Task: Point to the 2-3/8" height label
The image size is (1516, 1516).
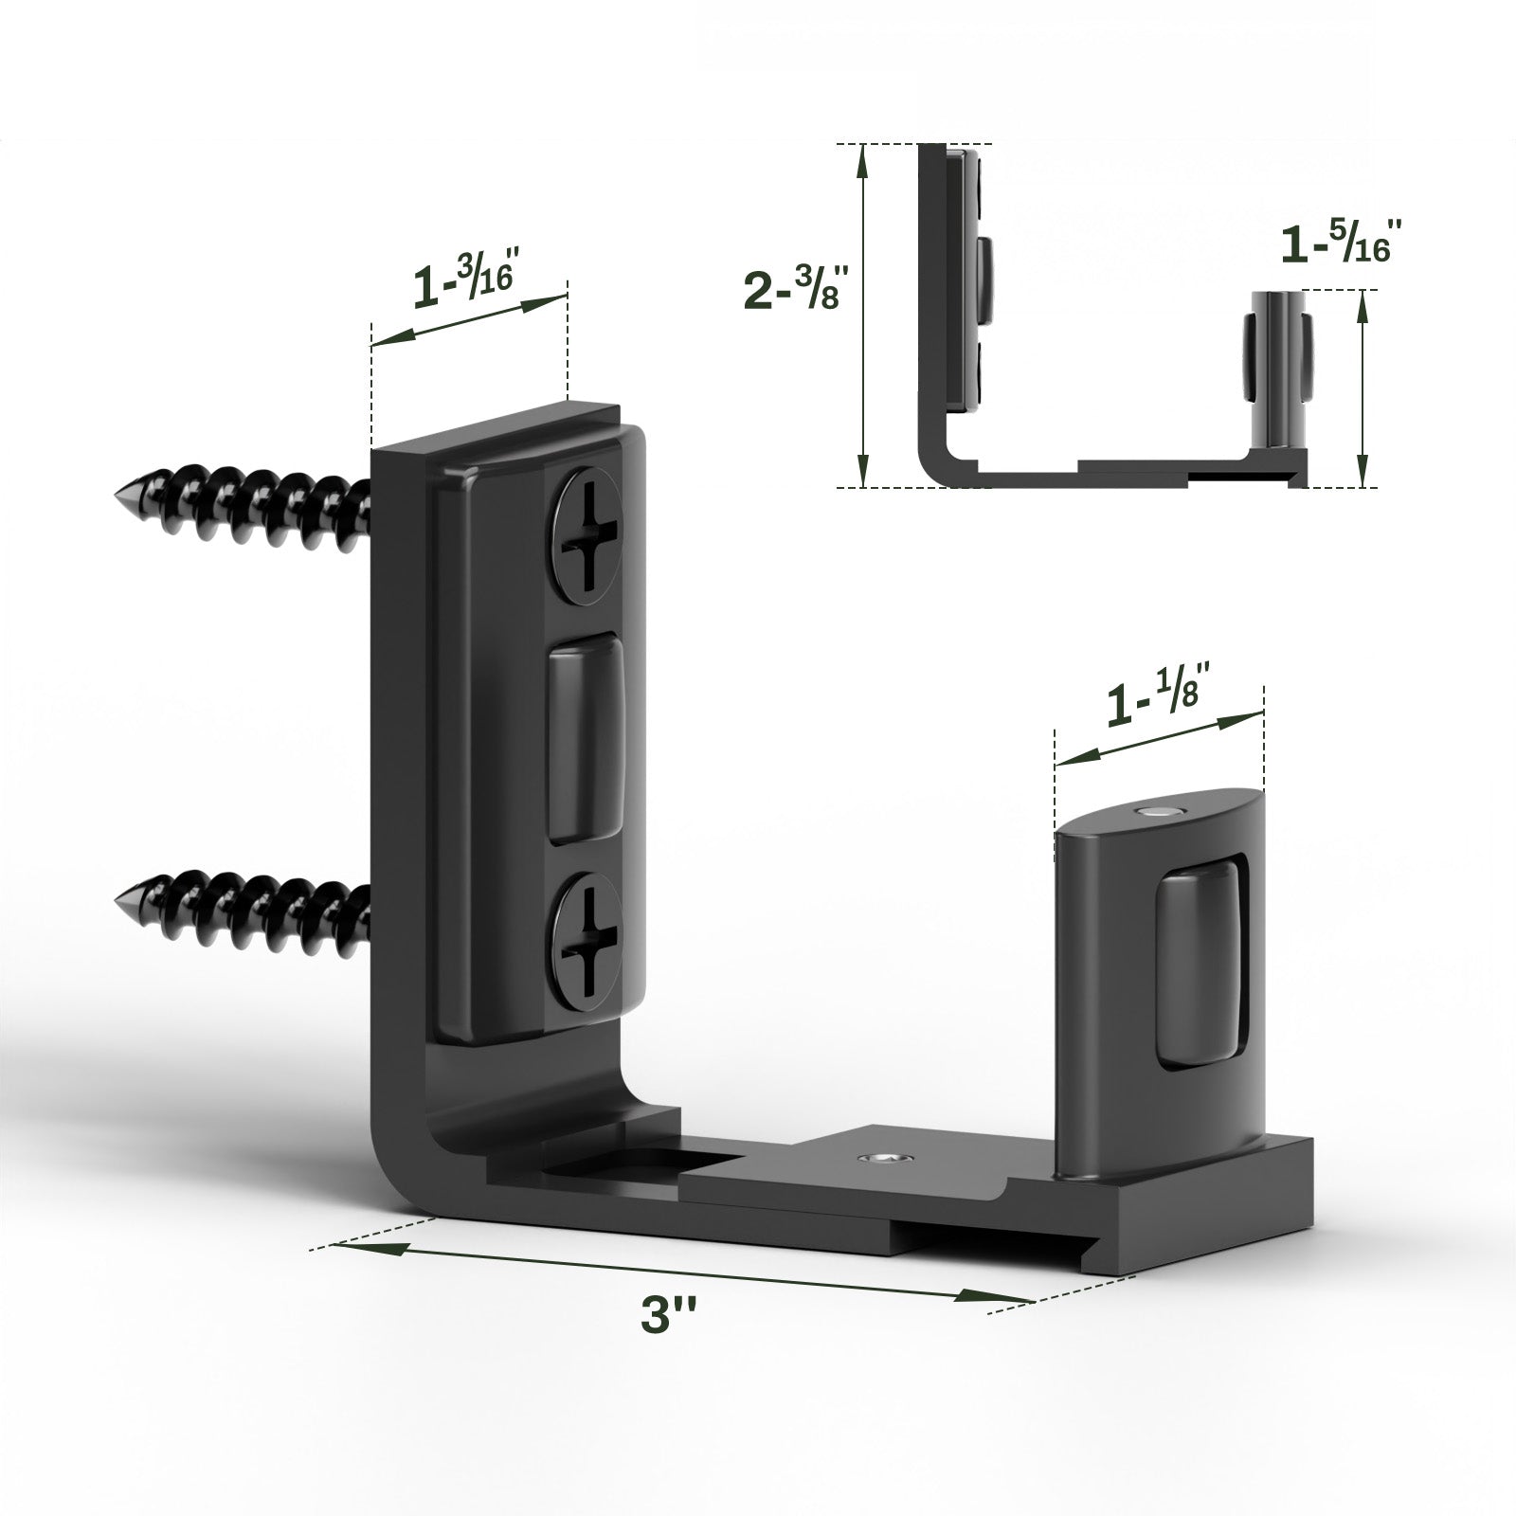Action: pos(792,287)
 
